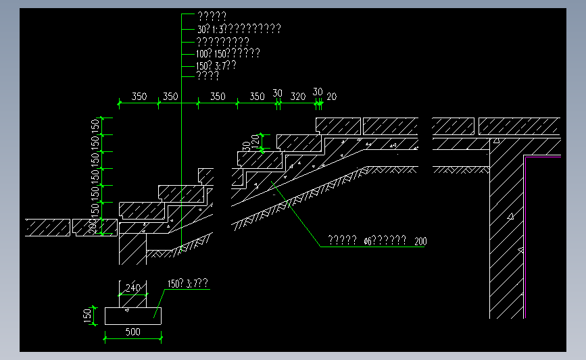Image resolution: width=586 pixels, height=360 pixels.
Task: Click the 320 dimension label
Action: [298, 97]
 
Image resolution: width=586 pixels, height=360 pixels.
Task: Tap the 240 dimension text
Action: [134, 288]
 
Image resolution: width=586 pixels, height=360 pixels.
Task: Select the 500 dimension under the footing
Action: [133, 332]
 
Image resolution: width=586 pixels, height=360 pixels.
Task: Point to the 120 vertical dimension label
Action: [255, 142]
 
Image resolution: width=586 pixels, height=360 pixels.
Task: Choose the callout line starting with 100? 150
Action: [227, 53]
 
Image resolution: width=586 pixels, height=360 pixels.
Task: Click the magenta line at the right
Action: [543, 157]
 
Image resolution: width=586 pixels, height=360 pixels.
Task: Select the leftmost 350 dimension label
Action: [139, 97]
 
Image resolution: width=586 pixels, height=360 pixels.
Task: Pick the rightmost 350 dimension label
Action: [257, 97]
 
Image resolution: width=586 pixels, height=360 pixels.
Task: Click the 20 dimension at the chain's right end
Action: [331, 97]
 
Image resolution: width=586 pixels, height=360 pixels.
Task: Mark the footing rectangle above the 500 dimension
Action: [133, 315]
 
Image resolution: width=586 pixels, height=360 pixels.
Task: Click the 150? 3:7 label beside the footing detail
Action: [187, 284]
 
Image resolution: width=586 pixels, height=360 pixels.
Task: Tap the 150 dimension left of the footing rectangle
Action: [88, 315]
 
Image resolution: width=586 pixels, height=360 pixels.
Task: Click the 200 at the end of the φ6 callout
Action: [420, 241]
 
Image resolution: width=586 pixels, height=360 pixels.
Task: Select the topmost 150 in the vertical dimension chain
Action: [95, 126]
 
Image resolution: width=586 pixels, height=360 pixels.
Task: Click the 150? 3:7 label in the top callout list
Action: [216, 66]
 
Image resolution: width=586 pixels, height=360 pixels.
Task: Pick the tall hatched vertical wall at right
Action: [507, 236]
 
